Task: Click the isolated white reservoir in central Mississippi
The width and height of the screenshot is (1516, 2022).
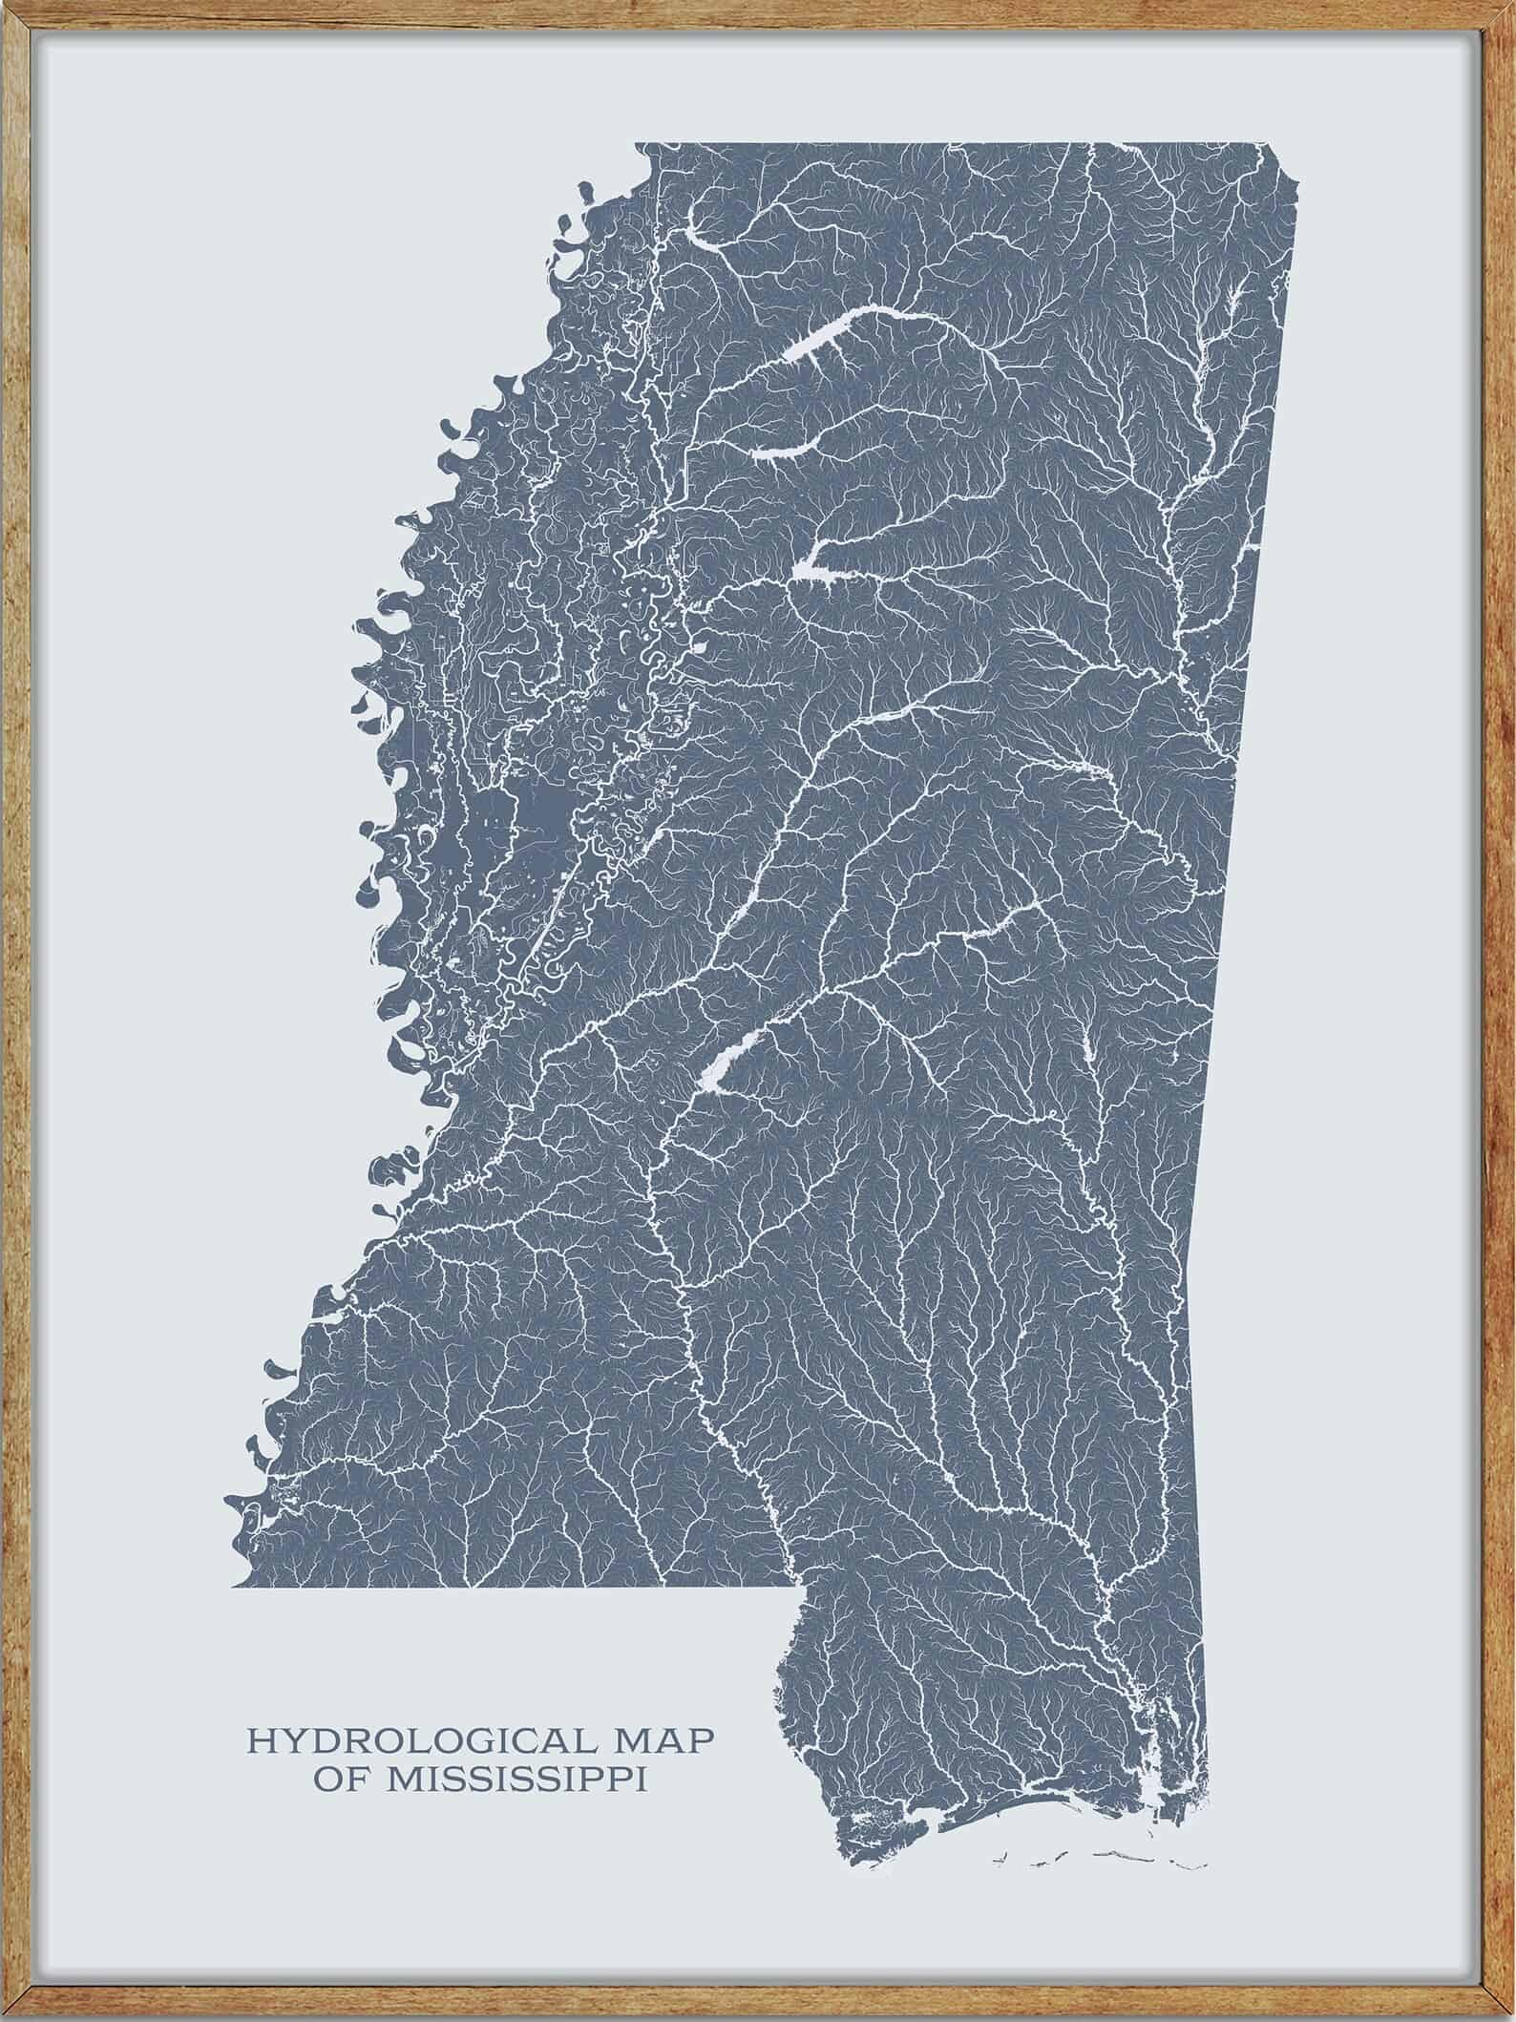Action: (x=726, y=1062)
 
